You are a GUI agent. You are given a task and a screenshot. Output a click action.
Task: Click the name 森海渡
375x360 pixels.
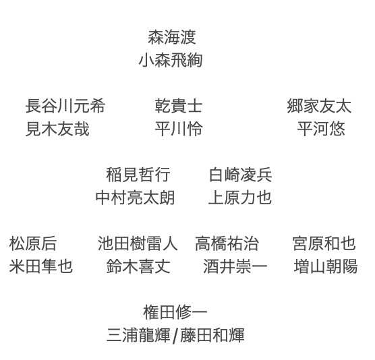(172, 37)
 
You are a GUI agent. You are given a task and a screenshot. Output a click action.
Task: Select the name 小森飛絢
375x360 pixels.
(171, 60)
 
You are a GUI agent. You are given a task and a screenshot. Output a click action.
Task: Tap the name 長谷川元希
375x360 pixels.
(65, 106)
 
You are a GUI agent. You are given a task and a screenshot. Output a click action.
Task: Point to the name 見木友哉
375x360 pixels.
(57, 129)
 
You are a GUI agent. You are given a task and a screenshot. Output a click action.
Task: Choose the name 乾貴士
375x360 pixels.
(179, 106)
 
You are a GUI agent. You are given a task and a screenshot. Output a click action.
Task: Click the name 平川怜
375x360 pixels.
(179, 129)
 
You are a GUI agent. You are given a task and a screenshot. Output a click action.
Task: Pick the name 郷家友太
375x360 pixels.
(319, 106)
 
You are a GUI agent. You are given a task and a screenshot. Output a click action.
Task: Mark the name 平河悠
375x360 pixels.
(321, 129)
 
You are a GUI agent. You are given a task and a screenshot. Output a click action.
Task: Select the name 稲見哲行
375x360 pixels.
(138, 175)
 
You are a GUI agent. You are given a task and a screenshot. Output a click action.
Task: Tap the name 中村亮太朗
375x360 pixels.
(135, 198)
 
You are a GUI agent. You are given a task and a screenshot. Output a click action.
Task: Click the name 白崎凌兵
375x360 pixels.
(240, 175)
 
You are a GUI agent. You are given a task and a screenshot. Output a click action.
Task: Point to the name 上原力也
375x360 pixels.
(240, 198)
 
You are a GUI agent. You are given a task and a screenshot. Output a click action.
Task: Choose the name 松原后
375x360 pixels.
(33, 243)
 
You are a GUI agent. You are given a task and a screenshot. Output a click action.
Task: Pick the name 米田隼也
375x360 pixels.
(41, 266)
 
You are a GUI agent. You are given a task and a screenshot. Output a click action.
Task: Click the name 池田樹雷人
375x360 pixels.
(138, 243)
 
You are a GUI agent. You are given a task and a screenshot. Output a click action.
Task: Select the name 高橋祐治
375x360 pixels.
(227, 243)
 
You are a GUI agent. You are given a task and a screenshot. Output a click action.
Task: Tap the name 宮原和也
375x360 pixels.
(324, 243)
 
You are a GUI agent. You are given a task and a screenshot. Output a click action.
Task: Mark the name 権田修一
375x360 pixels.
(175, 312)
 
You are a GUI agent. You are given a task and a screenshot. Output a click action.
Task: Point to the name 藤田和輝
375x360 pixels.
(212, 335)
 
